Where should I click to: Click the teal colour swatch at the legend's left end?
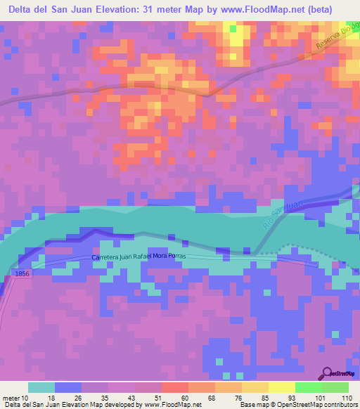41,387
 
